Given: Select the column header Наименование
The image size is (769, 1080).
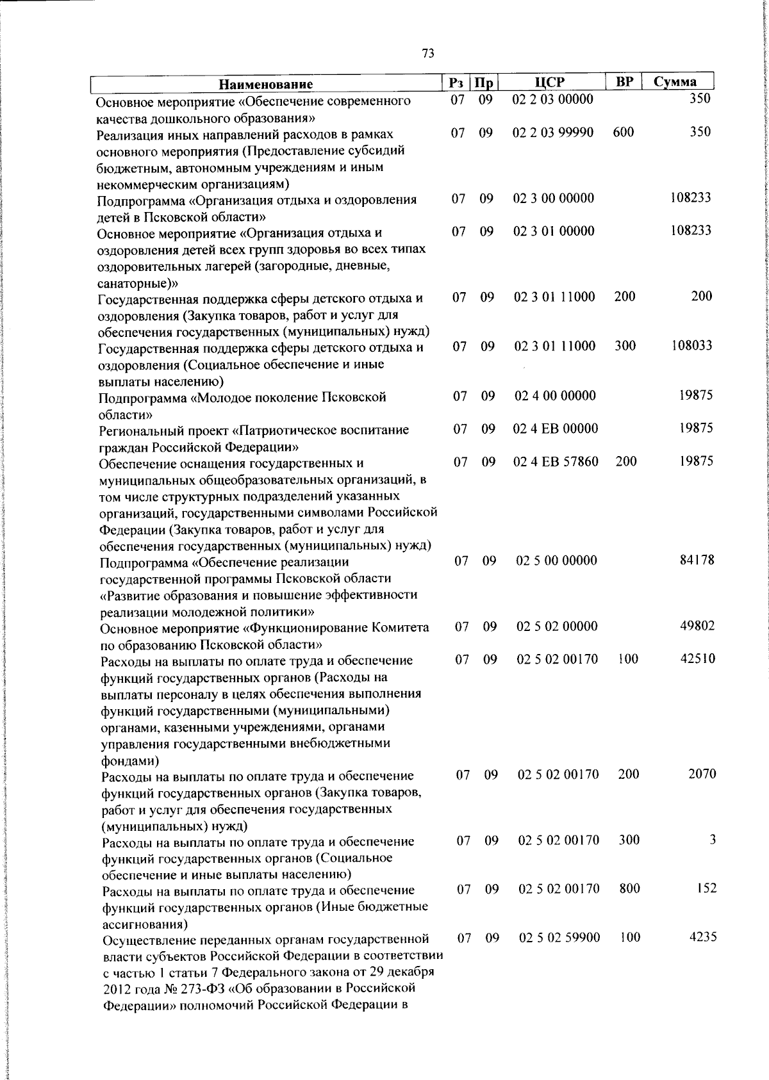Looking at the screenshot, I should click(266, 84).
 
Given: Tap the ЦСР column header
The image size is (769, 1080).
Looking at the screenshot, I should click(549, 82).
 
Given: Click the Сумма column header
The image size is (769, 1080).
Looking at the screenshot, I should click(675, 82).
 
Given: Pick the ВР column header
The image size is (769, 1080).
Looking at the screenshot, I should click(624, 82).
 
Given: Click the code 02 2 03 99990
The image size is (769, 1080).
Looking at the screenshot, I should click(553, 133).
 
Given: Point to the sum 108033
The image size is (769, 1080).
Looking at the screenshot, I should click(691, 346).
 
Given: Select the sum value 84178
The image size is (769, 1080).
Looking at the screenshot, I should click(696, 560).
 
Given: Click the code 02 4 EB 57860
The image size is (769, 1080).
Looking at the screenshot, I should click(556, 461).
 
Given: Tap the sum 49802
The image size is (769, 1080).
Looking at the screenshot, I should click(697, 626).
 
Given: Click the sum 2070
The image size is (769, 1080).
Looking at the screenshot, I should click(702, 774).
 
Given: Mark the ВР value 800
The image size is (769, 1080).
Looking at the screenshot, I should click(630, 888).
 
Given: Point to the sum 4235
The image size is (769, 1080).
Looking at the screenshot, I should click(702, 937).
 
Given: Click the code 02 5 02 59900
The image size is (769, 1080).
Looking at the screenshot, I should click(559, 938).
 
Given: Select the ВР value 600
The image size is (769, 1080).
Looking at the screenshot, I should click(623, 133).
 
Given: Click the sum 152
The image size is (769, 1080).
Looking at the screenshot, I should click(706, 888).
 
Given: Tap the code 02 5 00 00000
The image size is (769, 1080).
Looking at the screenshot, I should click(556, 560).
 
